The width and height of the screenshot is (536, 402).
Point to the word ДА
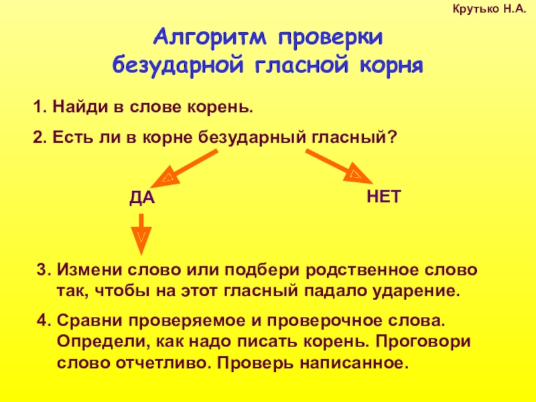click(141, 198)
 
